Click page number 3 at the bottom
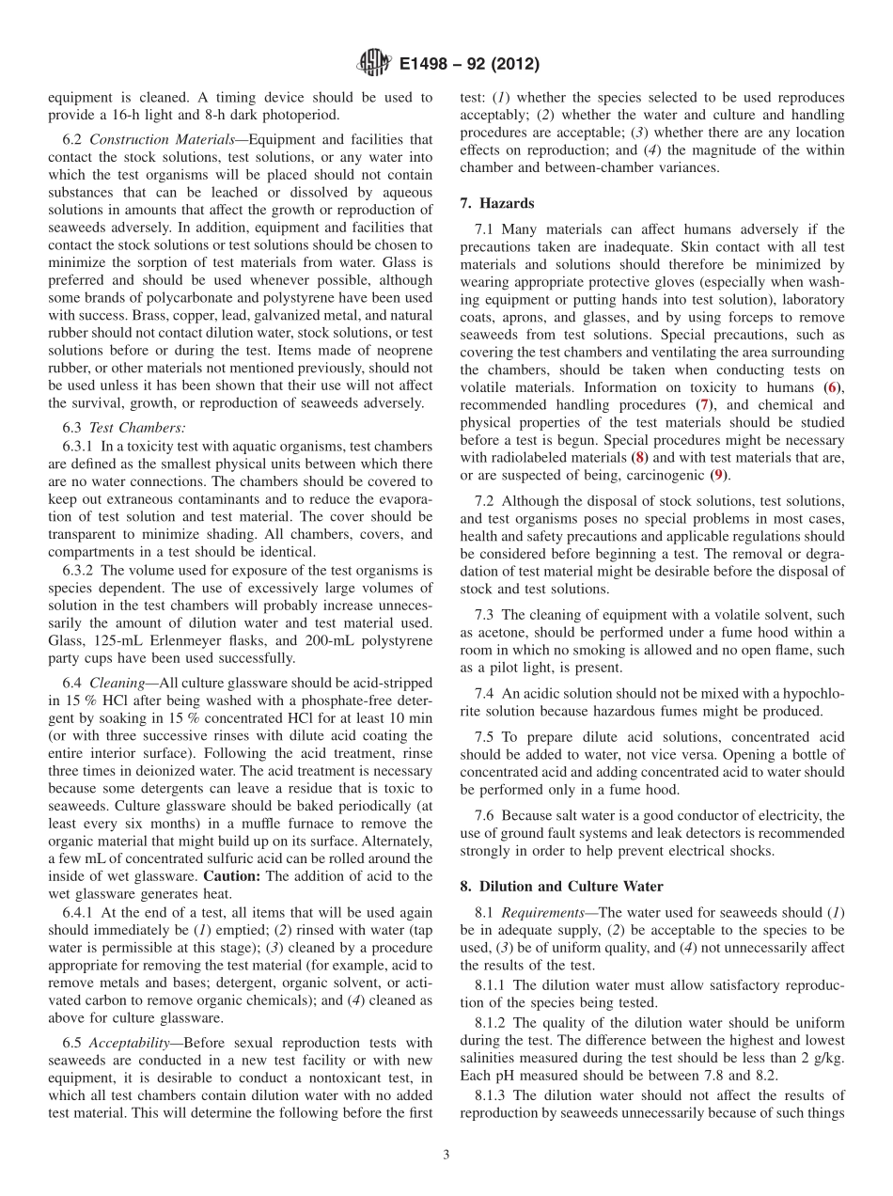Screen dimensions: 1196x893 pyautogui.click(x=446, y=1156)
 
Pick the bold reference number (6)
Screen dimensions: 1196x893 pyautogui.click(x=833, y=387)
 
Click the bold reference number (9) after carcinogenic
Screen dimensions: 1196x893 pyautogui.click(x=718, y=476)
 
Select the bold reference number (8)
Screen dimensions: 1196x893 pyautogui.click(x=640, y=458)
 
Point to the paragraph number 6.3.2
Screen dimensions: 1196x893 pyautogui.click(x=79, y=570)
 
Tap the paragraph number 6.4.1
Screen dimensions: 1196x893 pyautogui.click(x=79, y=912)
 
